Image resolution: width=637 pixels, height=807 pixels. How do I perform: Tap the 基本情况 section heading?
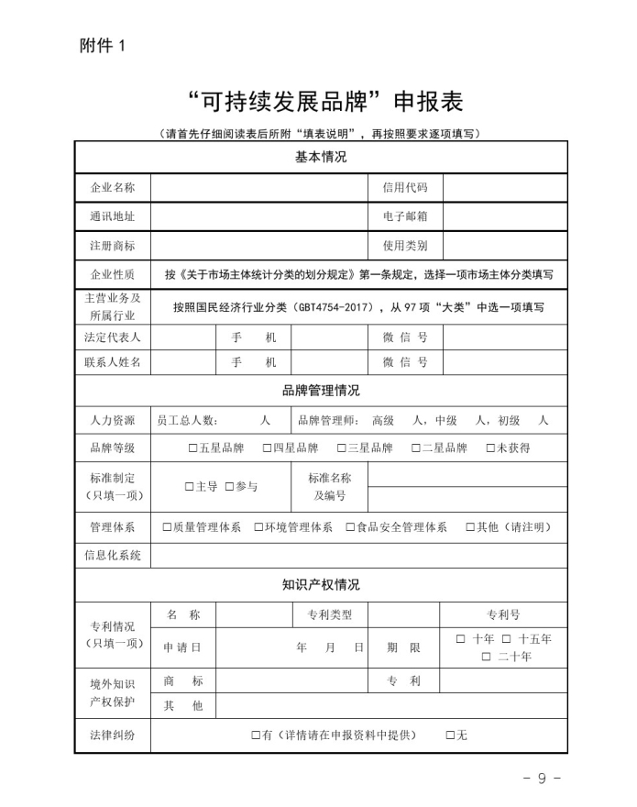pyautogui.click(x=320, y=157)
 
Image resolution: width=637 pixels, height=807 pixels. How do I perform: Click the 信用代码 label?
pyautogui.click(x=405, y=187)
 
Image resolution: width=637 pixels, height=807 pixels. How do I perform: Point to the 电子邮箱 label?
pyautogui.click(x=405, y=216)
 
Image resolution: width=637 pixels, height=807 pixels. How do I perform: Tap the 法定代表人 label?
pyautogui.click(x=113, y=337)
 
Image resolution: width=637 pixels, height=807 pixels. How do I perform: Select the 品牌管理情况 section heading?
pyautogui.click(x=320, y=391)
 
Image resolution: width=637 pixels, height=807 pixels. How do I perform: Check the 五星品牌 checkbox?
pyautogui.click(x=192, y=448)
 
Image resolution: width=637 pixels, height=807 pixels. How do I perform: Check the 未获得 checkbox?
pyautogui.click(x=490, y=448)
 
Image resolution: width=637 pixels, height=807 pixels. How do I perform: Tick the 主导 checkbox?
pyautogui.click(x=189, y=487)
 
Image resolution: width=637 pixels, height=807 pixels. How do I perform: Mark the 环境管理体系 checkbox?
pyautogui.click(x=258, y=527)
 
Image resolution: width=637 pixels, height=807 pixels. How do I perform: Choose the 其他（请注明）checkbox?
pyautogui.click(x=470, y=527)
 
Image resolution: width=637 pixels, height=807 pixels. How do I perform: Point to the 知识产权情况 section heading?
pyautogui.click(x=320, y=585)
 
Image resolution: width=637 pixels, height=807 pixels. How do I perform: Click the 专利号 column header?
pyautogui.click(x=502, y=614)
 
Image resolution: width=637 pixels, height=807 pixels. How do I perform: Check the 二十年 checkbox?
pyautogui.click(x=487, y=657)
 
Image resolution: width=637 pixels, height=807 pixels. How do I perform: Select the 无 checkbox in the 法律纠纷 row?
pyautogui.click(x=450, y=735)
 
